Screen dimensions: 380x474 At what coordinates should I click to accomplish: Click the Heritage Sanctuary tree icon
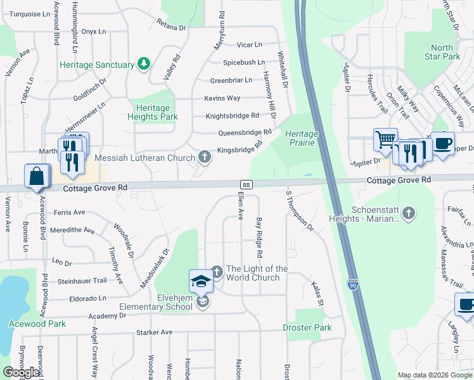144,65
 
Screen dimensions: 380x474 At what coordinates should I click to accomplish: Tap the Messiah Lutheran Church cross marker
204,157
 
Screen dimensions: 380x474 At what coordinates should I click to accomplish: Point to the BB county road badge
247,184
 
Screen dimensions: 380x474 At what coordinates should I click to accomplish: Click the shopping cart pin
385,140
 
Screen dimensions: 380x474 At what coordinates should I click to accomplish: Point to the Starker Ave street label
154,332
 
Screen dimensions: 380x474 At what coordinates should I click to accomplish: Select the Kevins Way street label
222,98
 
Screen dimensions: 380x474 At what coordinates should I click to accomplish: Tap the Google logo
22,372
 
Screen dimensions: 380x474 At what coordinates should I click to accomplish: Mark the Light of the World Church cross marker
217,272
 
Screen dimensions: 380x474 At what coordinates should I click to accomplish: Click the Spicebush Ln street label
244,62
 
